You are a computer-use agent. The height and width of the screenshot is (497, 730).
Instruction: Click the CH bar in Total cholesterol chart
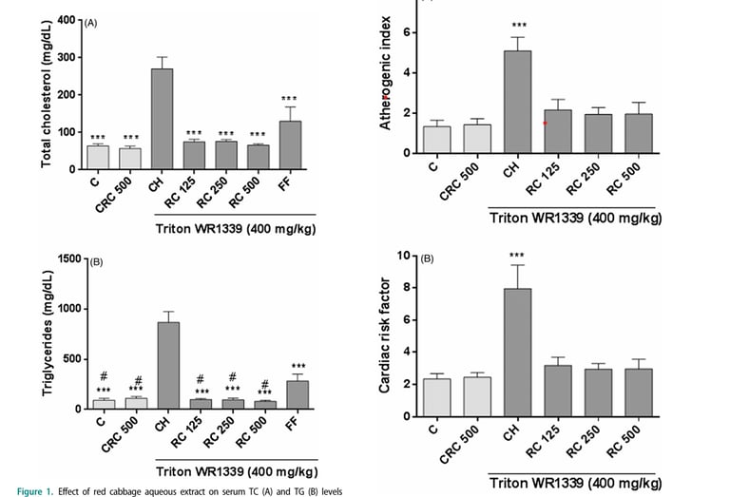(x=162, y=119)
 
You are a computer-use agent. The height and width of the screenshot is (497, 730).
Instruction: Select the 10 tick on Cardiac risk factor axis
(x=402, y=256)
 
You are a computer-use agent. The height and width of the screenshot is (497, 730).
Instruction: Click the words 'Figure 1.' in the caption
(x=24, y=491)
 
